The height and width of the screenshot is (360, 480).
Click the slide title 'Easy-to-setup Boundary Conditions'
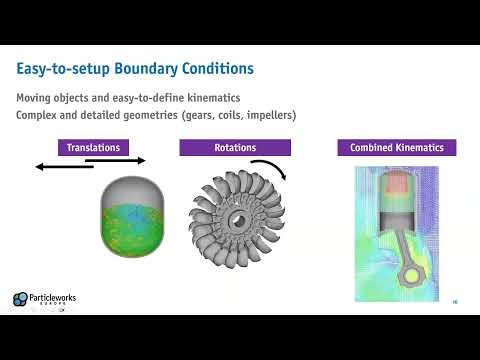pyautogui.click(x=135, y=69)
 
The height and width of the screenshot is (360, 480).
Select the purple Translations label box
pyautogui.click(x=93, y=148)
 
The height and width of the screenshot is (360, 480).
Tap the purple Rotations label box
pyautogui.click(x=235, y=148)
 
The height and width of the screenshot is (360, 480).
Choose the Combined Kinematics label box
pyautogui.click(x=397, y=148)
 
